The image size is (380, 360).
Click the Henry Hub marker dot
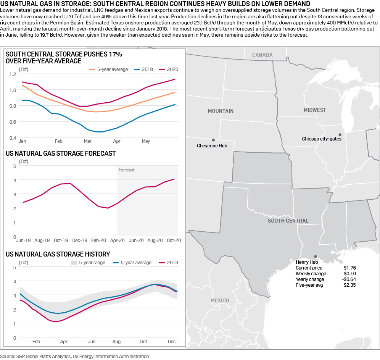(x=315, y=257)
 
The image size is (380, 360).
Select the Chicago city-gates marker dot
(x=340, y=134)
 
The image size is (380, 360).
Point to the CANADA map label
(x=262, y=55)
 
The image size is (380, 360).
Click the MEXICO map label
(x=220, y=300)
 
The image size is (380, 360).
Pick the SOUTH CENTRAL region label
(x=288, y=221)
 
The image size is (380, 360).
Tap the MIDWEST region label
(x=315, y=110)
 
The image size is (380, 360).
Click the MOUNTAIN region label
(x=221, y=111)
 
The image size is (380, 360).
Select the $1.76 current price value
(x=349, y=268)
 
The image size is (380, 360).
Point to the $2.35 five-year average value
(x=349, y=285)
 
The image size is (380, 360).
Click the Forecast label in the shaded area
(x=127, y=170)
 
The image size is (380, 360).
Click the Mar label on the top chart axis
(x=87, y=141)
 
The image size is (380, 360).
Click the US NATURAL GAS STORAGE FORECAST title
(x=61, y=153)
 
